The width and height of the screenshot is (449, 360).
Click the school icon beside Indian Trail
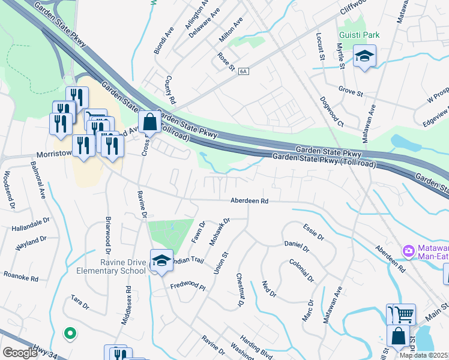pos(161,262)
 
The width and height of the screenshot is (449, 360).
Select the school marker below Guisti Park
pos(364,57)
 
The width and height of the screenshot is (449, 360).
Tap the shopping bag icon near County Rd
pos(149,123)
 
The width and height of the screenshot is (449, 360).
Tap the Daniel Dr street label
pos(297,246)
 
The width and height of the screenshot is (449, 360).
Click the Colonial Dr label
pos(301,270)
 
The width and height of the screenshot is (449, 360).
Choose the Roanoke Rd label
pos(22,277)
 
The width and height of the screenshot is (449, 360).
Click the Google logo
pos(20,352)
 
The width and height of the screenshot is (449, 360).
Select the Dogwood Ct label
pos(331,112)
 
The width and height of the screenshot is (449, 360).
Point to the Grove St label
pos(351,93)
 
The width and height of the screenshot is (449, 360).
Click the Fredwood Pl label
pos(188,287)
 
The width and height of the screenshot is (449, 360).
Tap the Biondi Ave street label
pos(163,41)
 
